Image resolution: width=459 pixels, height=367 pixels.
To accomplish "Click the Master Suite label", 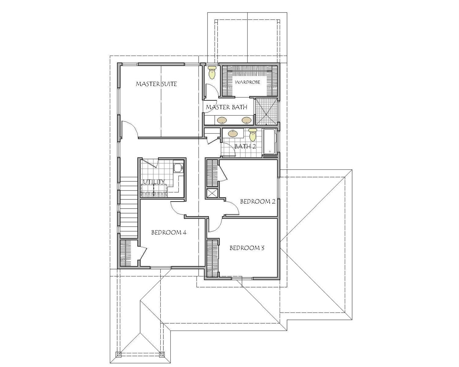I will coord(156,84).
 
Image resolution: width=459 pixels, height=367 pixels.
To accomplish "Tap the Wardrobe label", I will coord(248,82).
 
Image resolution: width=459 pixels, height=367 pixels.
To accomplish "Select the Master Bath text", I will coord(226,107).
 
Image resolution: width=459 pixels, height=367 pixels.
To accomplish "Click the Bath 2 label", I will coord(245,146).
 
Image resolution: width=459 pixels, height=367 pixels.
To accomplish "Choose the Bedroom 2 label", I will coord(258,201).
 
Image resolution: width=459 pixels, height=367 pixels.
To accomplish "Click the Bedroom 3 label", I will coord(247,248).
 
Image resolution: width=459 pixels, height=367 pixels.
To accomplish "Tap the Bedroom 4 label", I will coord(169,232).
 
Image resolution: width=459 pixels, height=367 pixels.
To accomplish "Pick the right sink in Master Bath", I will coord(246,120).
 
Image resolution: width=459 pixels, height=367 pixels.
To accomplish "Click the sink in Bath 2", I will coord(233,134).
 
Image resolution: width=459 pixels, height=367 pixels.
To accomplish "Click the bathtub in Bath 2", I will coord(270,142).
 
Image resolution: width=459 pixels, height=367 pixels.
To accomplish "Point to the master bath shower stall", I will coord(267,112).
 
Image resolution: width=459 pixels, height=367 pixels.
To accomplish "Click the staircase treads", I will coord(129,208).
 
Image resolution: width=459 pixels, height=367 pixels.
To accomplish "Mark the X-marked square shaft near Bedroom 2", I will coord(212,194).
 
